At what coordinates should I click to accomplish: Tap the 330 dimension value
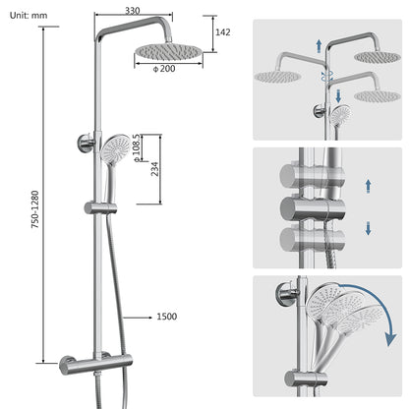(x=131, y=10)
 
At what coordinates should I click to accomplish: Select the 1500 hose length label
(x=167, y=317)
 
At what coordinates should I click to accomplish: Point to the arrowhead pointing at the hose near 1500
(x=128, y=317)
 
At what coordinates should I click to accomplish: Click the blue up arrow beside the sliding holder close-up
(x=367, y=184)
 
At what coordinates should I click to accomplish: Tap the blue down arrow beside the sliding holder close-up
(x=367, y=227)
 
